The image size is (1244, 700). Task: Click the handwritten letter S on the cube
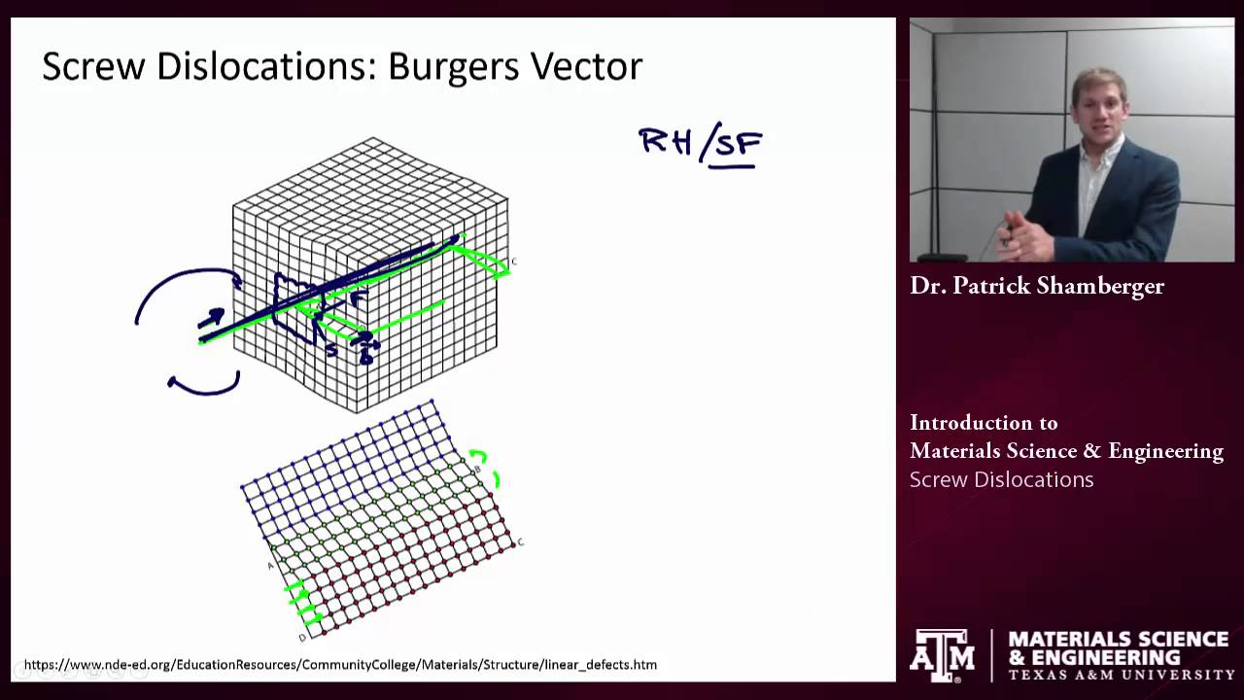tap(331, 350)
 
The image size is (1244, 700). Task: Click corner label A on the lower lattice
tap(270, 565)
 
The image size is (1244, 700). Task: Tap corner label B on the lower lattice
tap(477, 471)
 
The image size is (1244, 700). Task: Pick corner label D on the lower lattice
tap(302, 638)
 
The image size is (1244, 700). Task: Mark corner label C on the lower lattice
tap(521, 542)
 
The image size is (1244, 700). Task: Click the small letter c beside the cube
tap(513, 261)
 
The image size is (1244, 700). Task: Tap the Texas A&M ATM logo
tap(942, 654)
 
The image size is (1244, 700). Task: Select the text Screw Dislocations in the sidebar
tap(1001, 479)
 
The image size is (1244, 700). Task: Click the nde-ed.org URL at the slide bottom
tap(340, 665)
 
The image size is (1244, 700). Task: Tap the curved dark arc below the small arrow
tap(204, 387)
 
